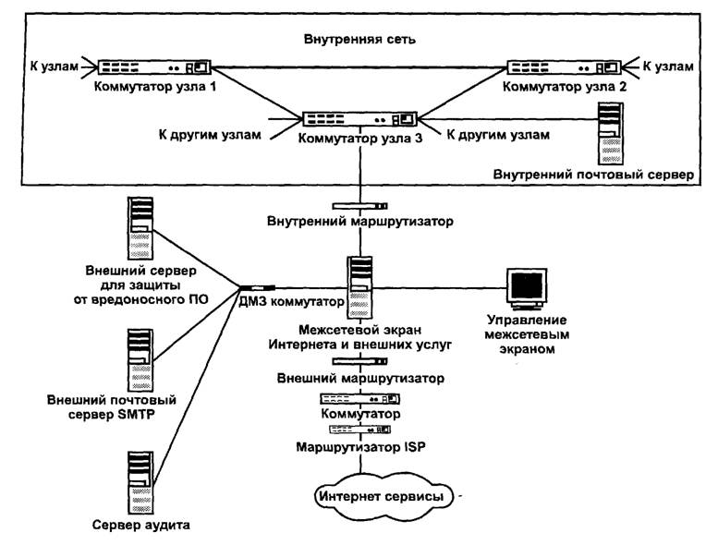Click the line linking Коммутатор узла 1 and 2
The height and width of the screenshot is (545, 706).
point(360,67)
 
